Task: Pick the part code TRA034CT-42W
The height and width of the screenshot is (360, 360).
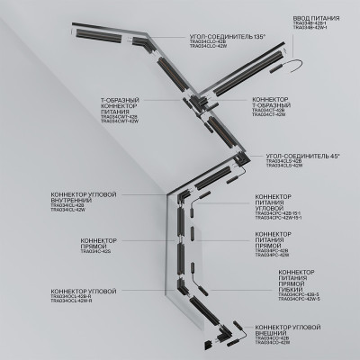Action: point(269,115)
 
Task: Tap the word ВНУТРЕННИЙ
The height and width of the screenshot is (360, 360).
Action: point(71,200)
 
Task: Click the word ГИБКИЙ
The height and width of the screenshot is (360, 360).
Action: point(293,288)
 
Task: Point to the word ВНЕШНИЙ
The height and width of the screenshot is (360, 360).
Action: point(274,333)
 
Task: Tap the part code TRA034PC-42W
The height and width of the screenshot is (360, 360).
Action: point(274,256)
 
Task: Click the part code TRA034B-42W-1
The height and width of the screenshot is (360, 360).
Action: point(312,29)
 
